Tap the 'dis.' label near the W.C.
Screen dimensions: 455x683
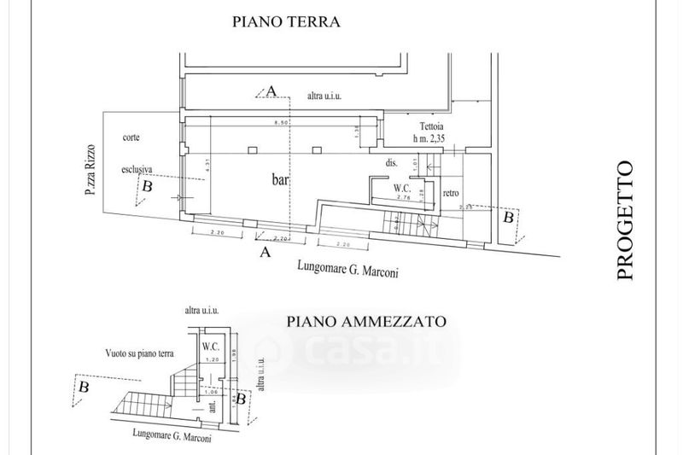coord(393,162)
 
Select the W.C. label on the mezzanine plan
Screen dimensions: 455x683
coord(209,347)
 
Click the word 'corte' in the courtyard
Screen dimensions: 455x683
coord(131,137)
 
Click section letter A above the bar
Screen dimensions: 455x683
coord(272,90)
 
